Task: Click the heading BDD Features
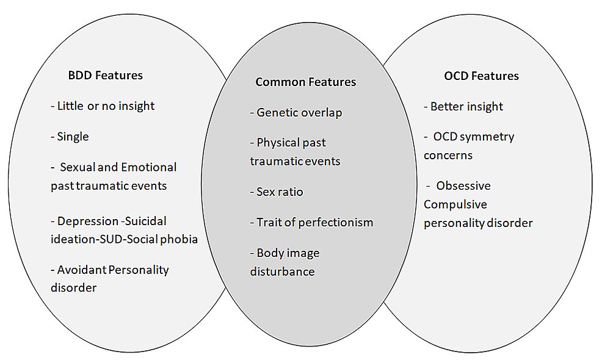point(106,76)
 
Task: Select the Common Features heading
point(305,82)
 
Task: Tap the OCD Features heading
point(481,76)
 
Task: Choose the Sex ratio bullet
point(277,192)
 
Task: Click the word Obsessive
point(463,185)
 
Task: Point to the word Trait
point(269,223)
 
